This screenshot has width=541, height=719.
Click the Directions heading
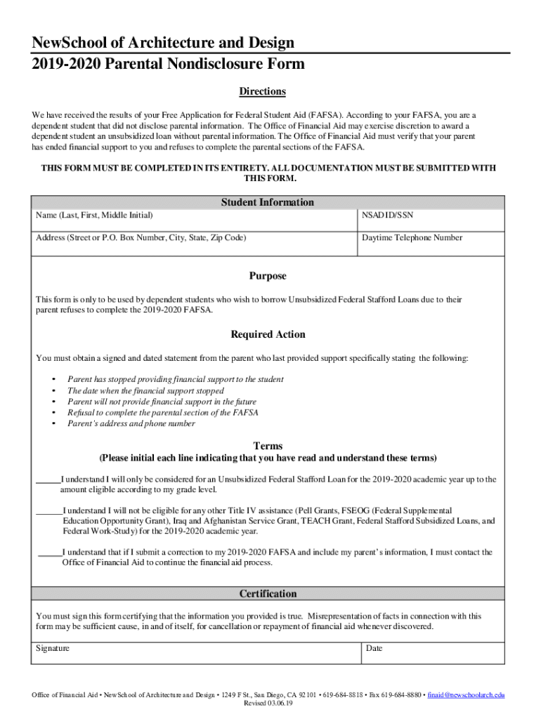(x=262, y=92)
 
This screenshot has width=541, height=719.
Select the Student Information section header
(x=268, y=202)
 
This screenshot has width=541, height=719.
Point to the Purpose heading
(x=268, y=276)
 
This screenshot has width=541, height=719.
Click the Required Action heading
(x=268, y=334)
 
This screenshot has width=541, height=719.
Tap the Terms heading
(x=268, y=446)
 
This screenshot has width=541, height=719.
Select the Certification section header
(x=268, y=594)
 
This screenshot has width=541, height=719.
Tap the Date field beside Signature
(x=431, y=653)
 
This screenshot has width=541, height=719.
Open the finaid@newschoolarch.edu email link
(x=467, y=695)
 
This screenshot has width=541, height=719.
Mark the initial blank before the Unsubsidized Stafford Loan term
(x=48, y=480)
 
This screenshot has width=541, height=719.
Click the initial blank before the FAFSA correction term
(x=49, y=553)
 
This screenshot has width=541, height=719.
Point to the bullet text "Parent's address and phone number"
(x=131, y=424)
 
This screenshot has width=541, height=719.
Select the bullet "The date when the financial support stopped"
(x=145, y=390)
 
